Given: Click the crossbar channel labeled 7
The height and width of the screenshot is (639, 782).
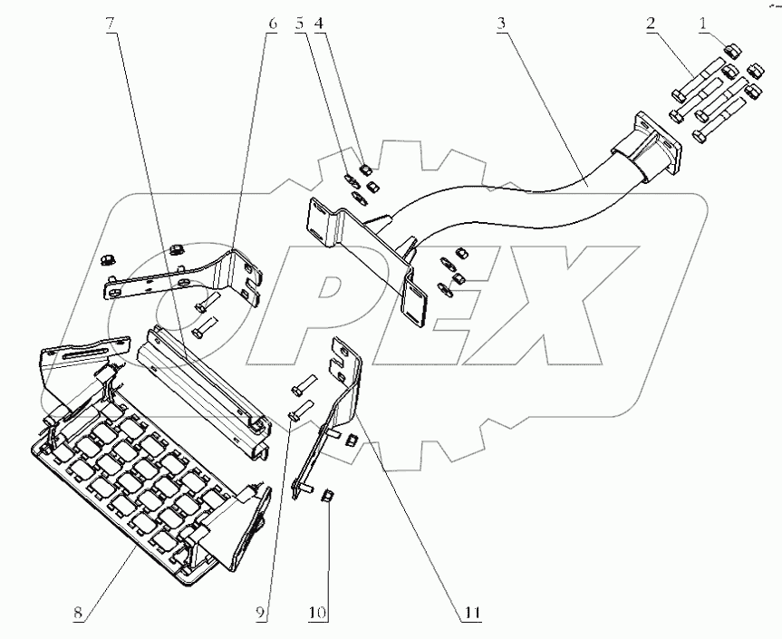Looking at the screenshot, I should [x=204, y=381].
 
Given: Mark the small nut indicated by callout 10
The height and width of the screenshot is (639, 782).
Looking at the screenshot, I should [x=328, y=494].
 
